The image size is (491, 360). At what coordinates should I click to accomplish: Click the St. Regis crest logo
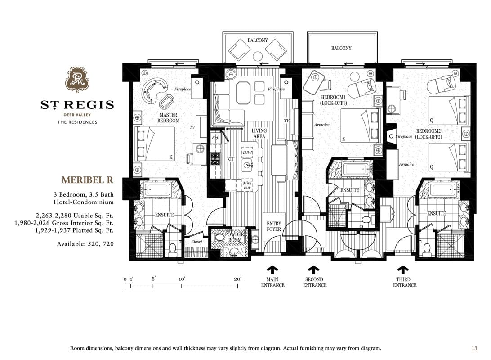click(77, 80)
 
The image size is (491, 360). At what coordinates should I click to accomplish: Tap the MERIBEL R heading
click(87, 180)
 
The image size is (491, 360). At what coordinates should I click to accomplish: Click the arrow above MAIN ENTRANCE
click(272, 270)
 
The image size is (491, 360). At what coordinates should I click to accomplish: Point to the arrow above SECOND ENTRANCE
click(313, 270)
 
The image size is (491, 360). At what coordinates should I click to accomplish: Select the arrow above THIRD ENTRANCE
click(403, 270)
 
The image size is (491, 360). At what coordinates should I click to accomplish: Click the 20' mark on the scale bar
click(238, 279)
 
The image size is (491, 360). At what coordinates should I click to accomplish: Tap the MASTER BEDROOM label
click(168, 118)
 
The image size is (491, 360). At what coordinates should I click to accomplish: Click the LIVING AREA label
click(259, 134)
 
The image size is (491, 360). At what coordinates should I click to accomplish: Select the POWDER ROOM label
click(235, 237)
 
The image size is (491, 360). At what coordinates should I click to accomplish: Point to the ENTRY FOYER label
click(274, 226)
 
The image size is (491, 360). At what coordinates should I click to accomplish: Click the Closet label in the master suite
click(196, 242)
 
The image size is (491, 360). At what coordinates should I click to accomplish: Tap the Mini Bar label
click(247, 185)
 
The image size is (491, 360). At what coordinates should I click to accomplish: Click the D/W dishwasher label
click(247, 153)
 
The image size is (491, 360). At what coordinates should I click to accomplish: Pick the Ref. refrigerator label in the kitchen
click(215, 138)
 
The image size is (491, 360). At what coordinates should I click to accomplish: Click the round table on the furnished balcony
click(258, 56)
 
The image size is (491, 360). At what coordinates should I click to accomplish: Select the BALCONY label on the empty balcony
click(341, 48)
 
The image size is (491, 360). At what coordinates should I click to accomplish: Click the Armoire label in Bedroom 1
click(322, 125)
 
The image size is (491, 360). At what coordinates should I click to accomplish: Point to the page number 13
click(474, 348)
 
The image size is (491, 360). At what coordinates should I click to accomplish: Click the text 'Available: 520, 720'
click(85, 244)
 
